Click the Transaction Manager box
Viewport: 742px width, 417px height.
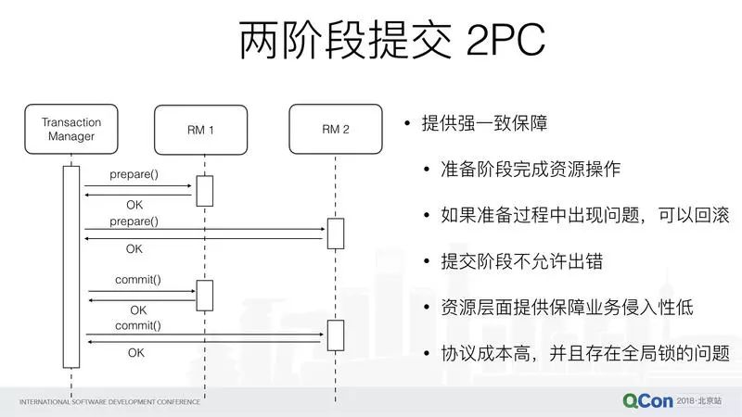71,129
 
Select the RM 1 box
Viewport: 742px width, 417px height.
200,130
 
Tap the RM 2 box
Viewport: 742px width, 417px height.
336,129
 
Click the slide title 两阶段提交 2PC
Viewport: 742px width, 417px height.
392,40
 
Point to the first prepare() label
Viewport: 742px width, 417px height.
134,174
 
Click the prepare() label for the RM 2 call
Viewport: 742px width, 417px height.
134,221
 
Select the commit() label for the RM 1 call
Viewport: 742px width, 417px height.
137,280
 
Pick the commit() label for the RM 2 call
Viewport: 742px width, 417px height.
137,325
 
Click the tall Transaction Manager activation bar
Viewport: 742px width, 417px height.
71,267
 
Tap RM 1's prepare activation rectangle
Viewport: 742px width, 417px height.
204,191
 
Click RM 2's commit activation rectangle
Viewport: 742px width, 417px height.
336,335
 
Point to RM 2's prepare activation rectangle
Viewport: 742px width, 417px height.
336,234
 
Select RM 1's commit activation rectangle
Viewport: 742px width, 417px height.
204,296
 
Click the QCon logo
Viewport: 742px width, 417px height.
647,401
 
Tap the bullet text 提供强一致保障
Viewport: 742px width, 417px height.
484,123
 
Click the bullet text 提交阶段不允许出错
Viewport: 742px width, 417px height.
522,261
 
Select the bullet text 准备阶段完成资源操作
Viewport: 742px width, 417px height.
531,169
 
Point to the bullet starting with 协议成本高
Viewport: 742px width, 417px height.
585,353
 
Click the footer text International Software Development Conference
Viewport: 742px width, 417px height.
109,402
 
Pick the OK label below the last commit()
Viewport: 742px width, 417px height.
135,353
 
